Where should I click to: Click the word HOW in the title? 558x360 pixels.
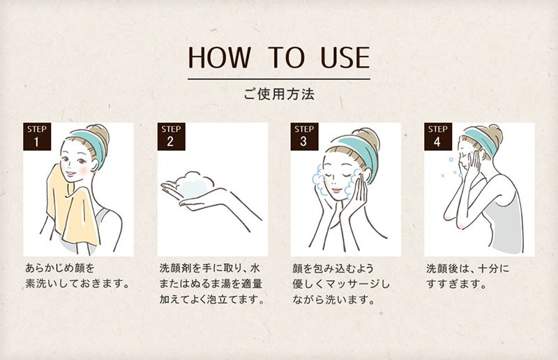(219, 58)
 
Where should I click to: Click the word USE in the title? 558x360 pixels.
(345, 58)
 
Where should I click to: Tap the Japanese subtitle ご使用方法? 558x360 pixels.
(279, 94)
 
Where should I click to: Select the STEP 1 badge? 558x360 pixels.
(37, 137)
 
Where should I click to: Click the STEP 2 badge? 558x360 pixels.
(171, 137)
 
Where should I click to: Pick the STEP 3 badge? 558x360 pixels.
(304, 137)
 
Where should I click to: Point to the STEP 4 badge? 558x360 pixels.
(438, 137)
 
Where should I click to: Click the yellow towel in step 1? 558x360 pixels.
(71, 210)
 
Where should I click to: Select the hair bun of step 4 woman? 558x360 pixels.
(495, 134)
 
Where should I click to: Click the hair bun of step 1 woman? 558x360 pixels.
(100, 134)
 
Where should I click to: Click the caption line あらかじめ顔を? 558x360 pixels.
(60, 267)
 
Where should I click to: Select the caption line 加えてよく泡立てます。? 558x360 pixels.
(212, 299)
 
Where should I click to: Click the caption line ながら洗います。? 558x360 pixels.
(334, 300)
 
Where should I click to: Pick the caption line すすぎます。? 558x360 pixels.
(457, 284)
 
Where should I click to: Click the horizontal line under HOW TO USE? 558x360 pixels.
(279, 79)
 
